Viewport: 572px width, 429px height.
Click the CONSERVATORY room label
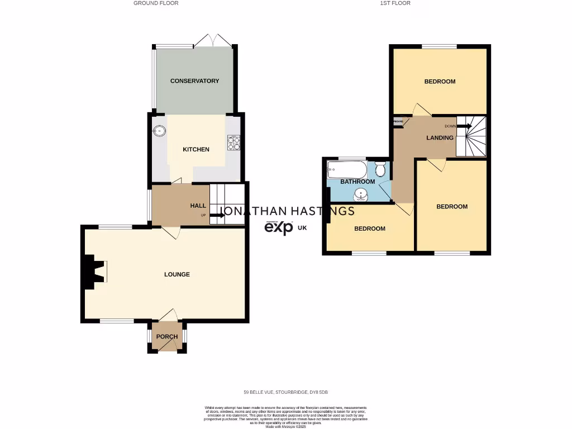click(x=194, y=81)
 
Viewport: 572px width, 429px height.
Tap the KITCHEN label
click(x=196, y=149)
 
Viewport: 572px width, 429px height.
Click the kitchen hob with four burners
click(x=233, y=143)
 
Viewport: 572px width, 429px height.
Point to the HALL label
click(x=198, y=206)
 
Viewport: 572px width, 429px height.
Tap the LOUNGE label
click(x=177, y=274)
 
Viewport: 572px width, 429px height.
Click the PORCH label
click(x=167, y=336)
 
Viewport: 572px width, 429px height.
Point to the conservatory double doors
click(x=212, y=41)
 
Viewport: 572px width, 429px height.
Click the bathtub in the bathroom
click(x=347, y=169)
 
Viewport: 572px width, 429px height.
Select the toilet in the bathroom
click(x=380, y=168)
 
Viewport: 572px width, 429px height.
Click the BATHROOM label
click(x=357, y=182)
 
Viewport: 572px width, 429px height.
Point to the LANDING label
click(x=440, y=137)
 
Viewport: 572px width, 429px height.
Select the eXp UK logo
click(x=285, y=227)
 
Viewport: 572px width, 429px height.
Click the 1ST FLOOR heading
click(x=395, y=3)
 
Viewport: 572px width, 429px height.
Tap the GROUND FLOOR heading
click(x=156, y=3)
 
